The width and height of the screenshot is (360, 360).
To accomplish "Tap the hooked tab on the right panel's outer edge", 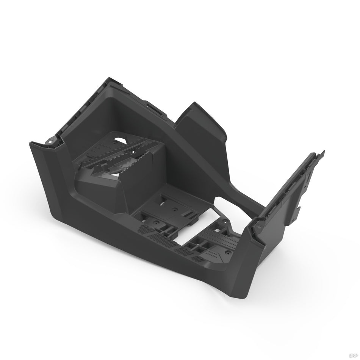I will (299, 208).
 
